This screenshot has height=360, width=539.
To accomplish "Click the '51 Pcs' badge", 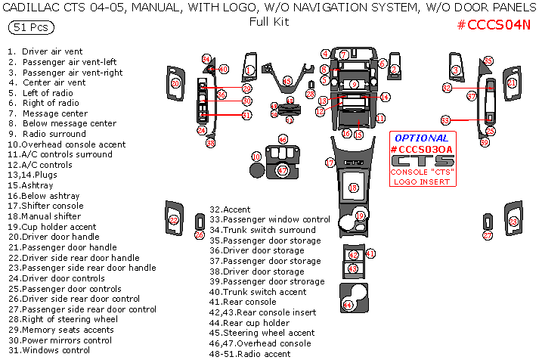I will (x=28, y=27).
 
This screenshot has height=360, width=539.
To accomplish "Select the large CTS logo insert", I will (x=422, y=160).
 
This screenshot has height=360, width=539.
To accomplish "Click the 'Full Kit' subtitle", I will (x=269, y=22).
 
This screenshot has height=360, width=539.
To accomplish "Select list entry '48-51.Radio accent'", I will (x=249, y=354).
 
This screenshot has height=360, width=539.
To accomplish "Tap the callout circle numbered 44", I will (x=348, y=305).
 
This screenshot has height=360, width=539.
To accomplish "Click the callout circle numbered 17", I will (x=330, y=163).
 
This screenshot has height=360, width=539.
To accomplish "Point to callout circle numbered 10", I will (x=256, y=157).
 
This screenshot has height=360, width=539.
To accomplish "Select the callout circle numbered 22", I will (x=174, y=221).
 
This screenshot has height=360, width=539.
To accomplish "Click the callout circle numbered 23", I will (x=514, y=222).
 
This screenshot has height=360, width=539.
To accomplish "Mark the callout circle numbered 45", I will (x=287, y=81).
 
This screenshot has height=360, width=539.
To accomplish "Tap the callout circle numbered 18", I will (x=352, y=188).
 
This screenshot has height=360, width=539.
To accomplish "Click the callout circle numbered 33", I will (x=446, y=120).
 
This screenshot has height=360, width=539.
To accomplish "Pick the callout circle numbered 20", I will (x=175, y=83).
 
